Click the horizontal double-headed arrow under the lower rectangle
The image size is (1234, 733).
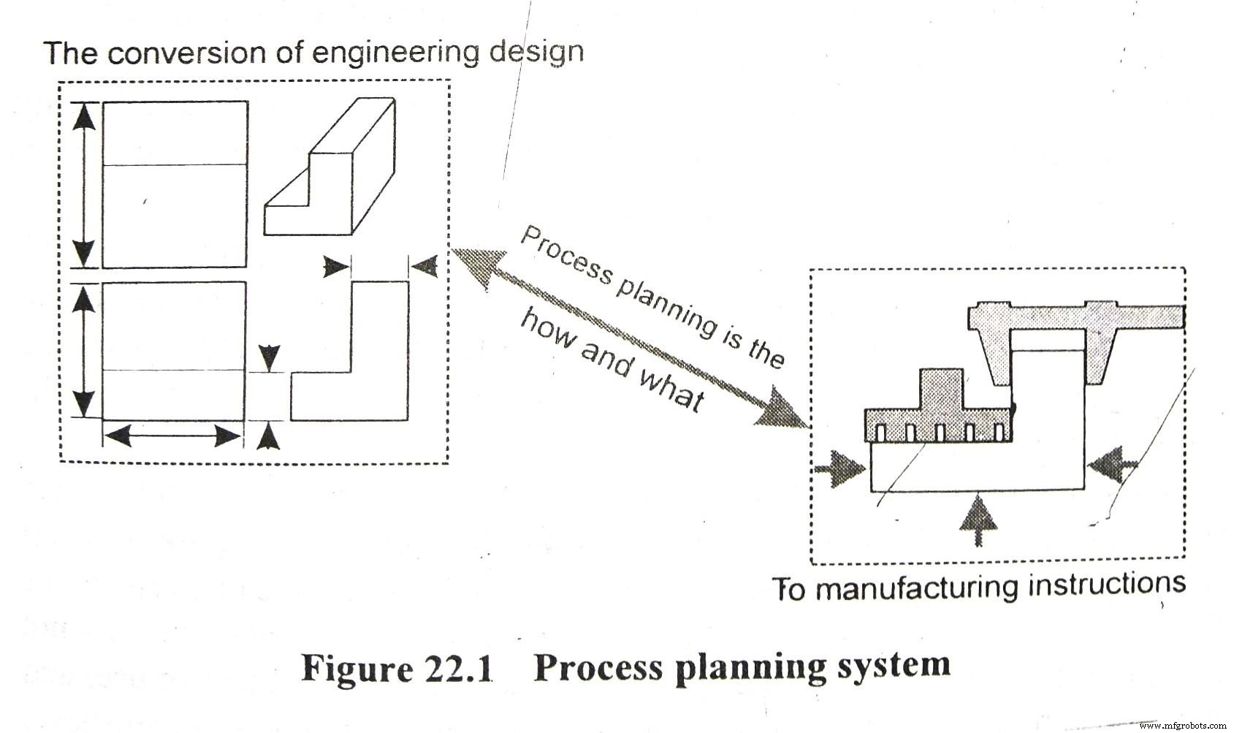click(172, 437)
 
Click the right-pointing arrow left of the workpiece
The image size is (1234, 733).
click(840, 468)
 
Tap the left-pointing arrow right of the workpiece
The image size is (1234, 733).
click(1112, 463)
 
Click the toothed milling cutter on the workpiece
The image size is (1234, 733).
click(939, 417)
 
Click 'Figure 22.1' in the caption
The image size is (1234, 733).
click(397, 667)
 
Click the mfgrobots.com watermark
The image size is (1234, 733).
click(1184, 725)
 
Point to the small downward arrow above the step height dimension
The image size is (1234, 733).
click(270, 357)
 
